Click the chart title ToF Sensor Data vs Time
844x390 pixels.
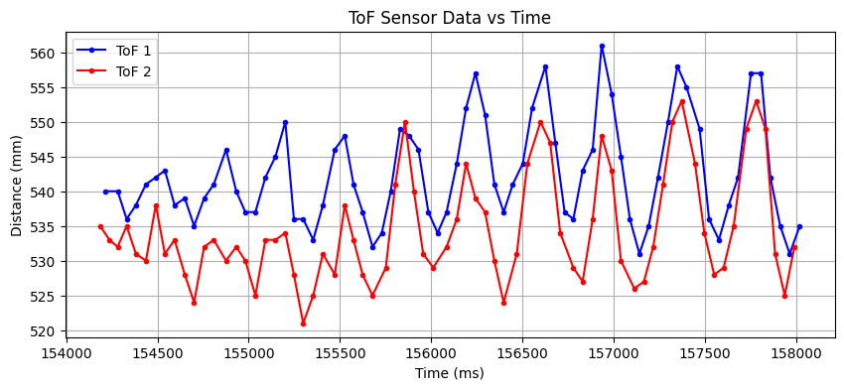[x=450, y=18]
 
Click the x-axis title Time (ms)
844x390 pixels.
[x=450, y=373]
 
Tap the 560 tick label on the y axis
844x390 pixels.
[x=48, y=54]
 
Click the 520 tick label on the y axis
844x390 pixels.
[x=48, y=331]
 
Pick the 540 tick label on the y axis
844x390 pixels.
[x=48, y=193]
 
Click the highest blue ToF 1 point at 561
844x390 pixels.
[x=602, y=46]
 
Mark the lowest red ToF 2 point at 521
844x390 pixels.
[x=303, y=324]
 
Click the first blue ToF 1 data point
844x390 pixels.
[x=105, y=192]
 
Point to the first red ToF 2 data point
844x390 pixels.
[x=100, y=226]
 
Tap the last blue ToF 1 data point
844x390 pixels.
[x=799, y=226]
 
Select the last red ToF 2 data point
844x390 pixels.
[x=794, y=247]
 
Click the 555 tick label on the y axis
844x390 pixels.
[x=48, y=88]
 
